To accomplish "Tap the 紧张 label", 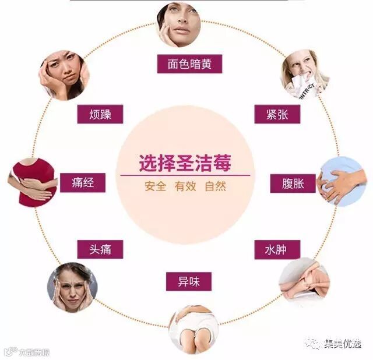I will coord(277,114).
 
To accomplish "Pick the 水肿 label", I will coord(277,250).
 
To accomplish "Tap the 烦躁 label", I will coord(100,114).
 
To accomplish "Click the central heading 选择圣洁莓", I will coord(184,163).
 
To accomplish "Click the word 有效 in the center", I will coord(185,188).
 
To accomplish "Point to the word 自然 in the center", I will coord(215,188).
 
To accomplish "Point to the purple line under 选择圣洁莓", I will coord(184,175).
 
